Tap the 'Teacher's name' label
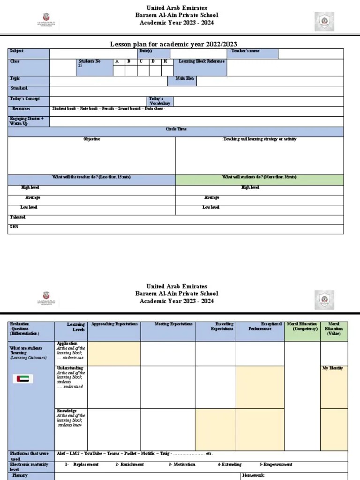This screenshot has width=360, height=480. click(x=245, y=51)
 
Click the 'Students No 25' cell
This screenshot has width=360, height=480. click(x=89, y=64)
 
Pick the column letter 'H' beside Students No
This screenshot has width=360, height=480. click(x=165, y=61)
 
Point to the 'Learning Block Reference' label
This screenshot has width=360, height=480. click(x=202, y=61)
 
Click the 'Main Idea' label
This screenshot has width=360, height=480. click(x=185, y=79)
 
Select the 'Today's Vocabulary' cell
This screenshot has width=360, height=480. click(x=159, y=101)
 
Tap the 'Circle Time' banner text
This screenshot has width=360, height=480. click(x=176, y=129)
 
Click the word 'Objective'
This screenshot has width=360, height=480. click(x=92, y=139)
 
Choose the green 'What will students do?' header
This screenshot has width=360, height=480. click(x=259, y=178)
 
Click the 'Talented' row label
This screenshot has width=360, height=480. click(x=18, y=217)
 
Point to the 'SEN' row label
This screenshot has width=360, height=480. click(x=14, y=227)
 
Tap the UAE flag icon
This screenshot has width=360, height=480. click(x=22, y=379)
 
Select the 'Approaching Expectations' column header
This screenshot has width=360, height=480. click(x=114, y=324)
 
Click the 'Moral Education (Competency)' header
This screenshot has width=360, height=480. click(x=302, y=327)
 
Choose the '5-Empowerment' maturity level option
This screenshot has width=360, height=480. click(x=276, y=465)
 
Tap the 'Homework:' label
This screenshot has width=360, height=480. click(x=253, y=475)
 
